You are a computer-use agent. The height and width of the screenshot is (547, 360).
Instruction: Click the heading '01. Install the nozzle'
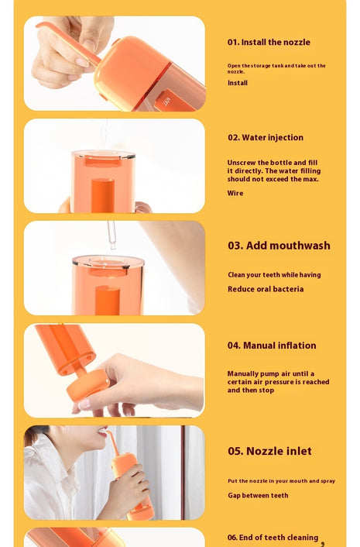click(x=269, y=42)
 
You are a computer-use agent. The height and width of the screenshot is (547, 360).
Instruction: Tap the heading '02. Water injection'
click(x=266, y=137)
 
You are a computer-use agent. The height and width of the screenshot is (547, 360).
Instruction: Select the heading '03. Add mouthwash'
click(x=279, y=246)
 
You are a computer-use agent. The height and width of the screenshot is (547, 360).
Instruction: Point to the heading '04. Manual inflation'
click(x=272, y=346)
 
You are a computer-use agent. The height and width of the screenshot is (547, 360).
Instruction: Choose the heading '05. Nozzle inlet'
click(x=269, y=451)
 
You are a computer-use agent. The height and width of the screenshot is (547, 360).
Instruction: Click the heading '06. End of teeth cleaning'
click(x=273, y=538)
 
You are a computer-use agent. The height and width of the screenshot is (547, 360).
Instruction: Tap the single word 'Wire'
click(x=235, y=193)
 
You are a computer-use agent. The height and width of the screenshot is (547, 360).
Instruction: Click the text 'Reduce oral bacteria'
click(x=266, y=289)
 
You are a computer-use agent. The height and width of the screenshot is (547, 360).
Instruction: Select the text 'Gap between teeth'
click(x=258, y=495)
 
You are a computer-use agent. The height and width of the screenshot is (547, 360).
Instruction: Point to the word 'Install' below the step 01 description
click(x=238, y=83)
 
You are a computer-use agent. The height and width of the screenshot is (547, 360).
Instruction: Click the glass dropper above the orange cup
click(x=111, y=235)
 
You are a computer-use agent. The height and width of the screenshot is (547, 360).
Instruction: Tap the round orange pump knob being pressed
click(x=87, y=385)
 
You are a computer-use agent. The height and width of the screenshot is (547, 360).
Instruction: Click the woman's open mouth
click(x=102, y=432)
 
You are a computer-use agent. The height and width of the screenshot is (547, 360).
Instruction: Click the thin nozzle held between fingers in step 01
click(x=68, y=43)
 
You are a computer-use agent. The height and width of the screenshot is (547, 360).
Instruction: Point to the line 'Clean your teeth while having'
click(x=274, y=275)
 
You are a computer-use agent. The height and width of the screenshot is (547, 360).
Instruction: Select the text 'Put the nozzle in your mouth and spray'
click(x=281, y=480)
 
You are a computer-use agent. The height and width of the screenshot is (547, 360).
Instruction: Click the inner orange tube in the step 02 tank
click(x=103, y=195)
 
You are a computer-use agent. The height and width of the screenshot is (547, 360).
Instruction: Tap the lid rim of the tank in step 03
click(x=108, y=262)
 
